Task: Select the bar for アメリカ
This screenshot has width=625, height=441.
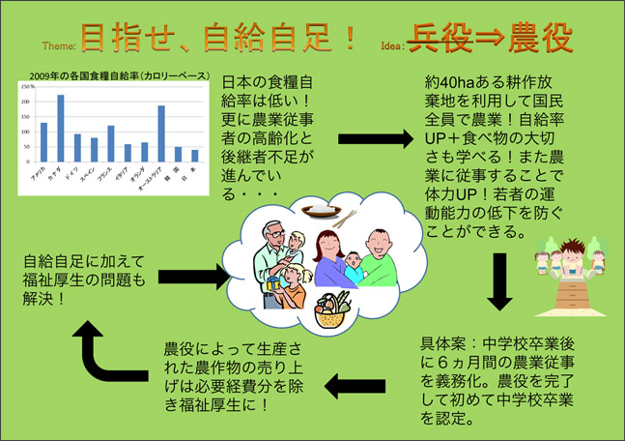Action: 43,142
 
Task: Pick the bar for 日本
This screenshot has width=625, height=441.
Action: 194,155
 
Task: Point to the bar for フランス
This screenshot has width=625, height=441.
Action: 111,143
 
